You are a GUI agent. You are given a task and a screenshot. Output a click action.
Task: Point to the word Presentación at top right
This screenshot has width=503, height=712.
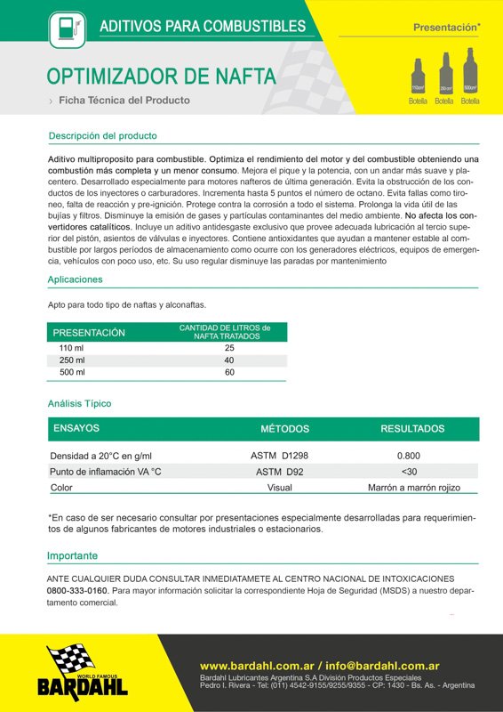[x=444, y=28]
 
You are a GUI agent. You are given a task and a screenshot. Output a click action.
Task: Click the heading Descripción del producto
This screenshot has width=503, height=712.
[x=102, y=136]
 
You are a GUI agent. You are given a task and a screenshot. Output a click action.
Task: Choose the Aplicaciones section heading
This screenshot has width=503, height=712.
[x=75, y=279]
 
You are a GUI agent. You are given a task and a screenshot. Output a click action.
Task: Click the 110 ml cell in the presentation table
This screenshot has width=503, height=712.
[x=71, y=347]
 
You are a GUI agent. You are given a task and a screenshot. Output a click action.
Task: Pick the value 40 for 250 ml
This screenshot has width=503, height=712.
[x=229, y=360]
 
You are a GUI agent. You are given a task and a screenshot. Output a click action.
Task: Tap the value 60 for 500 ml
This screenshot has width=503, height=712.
[x=229, y=372]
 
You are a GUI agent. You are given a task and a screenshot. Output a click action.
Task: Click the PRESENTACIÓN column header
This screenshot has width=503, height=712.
[x=89, y=333]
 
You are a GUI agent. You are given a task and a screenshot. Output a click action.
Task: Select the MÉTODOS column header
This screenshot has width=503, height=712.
[x=284, y=429]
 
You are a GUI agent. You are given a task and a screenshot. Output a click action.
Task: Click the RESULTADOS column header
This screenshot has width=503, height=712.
[x=412, y=429]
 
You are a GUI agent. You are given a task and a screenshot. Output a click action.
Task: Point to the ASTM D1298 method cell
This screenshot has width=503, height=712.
[x=280, y=456]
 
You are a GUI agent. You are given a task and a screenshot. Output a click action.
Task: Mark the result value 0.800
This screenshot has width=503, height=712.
[x=409, y=456]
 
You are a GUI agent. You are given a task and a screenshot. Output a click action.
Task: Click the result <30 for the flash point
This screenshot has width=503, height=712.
[x=409, y=472]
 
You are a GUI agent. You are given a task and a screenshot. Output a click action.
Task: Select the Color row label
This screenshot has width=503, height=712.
[x=61, y=488]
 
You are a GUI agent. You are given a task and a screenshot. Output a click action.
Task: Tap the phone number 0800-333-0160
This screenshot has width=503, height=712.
[x=77, y=590]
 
